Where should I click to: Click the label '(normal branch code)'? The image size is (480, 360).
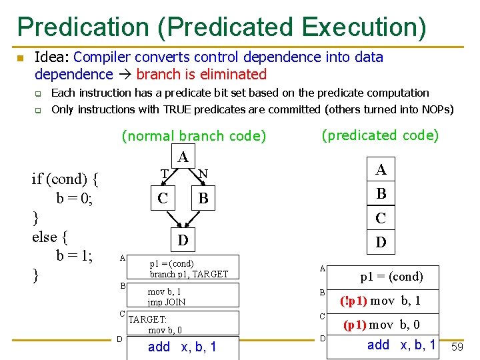coord(193,136)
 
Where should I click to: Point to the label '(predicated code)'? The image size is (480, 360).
coord(380,135)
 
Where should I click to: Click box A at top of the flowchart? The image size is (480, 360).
coord(183,157)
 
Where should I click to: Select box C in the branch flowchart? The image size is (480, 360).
coord(163,198)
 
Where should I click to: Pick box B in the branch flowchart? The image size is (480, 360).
coord(203,198)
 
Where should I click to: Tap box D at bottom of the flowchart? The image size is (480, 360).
coord(183,239)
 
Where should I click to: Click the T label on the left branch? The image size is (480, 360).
coord(164,174)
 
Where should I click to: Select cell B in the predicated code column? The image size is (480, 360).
coord(381,194)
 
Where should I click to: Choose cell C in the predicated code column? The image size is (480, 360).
coord(381,218)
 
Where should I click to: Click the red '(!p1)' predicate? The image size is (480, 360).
coord(353,300)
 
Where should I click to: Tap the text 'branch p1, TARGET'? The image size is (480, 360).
coord(189,274)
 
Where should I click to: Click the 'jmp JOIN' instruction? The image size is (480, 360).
coord(167,301)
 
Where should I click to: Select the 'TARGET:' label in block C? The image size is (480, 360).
coord(147,319)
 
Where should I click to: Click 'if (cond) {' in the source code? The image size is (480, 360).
coord(65,179)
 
